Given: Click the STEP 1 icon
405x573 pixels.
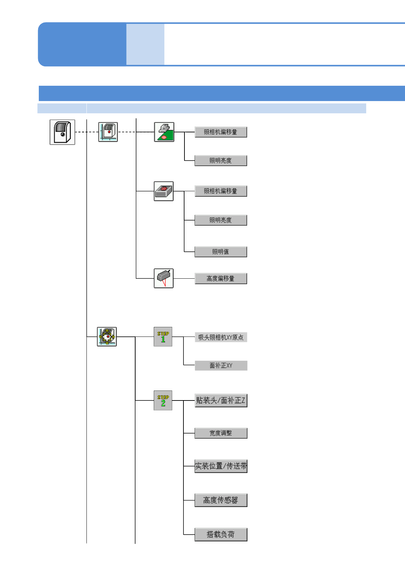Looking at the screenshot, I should coord(163,337).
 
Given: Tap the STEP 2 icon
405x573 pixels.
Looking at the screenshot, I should coord(163,400).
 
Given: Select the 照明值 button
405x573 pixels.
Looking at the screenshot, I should coord(221,252).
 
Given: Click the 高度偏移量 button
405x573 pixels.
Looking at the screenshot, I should coord(221,278).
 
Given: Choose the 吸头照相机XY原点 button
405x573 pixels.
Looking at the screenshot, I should coord(221,337).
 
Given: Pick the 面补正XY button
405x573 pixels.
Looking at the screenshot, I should coord(221,365).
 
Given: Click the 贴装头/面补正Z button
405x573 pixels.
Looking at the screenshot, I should coord(221,400).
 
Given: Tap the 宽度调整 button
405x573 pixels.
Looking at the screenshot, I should coord(221,433).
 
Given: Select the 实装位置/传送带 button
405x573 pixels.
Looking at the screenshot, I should coord(221,466).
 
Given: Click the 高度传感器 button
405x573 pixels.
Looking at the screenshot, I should coord(221,500).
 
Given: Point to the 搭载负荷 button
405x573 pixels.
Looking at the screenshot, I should coord(221,535).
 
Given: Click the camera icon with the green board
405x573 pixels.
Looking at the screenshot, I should coord(164,132).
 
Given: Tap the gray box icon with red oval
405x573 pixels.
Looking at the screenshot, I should coord(164,191).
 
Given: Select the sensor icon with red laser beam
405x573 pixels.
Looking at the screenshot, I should coord(164,278).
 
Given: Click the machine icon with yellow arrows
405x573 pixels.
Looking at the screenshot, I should coord(107,337).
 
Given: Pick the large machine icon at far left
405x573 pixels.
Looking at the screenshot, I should coord(62,132).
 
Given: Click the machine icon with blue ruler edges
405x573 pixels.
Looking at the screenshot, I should coord(108,132).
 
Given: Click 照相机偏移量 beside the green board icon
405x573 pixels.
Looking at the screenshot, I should coord(221,132).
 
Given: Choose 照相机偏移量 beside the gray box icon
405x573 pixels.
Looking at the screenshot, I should coord(221,191).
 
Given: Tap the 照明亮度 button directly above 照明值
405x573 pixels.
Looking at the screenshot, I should coord(221,220).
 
